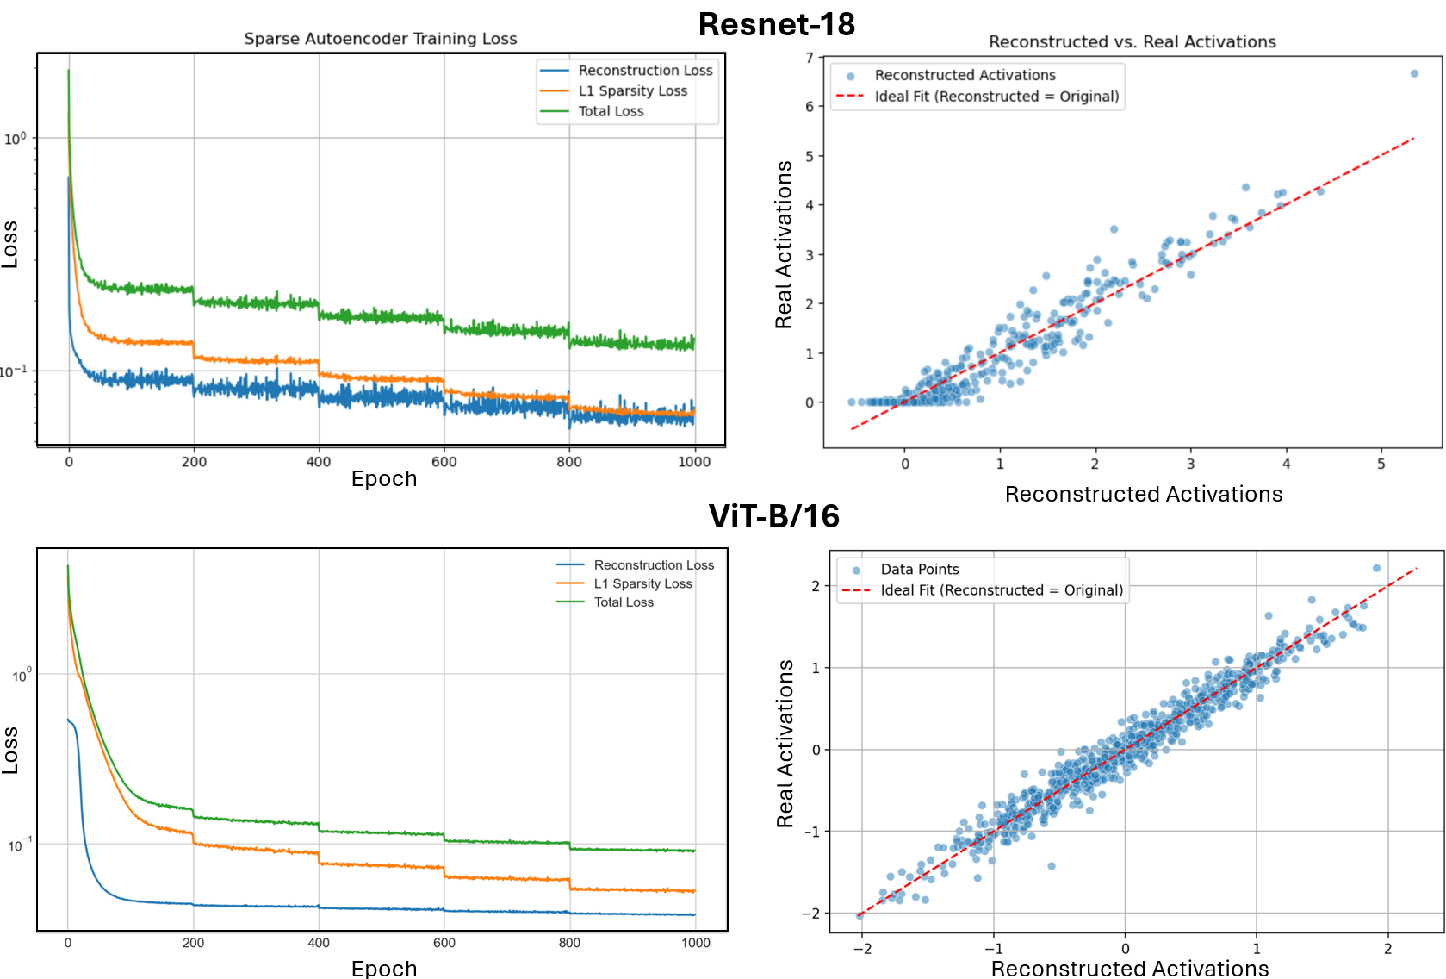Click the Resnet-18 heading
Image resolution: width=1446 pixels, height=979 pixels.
pos(776,24)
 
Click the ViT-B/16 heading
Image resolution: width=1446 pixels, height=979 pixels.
pos(773,516)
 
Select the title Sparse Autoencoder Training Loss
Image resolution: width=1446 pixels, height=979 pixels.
pos(380,39)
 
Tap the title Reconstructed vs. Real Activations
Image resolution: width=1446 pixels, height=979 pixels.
pos(1132,41)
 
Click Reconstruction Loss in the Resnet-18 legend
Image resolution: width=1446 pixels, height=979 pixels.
pos(645,71)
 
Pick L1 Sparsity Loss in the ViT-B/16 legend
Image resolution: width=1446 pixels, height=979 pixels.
pos(642,583)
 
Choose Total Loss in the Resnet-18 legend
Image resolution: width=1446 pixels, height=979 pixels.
pos(611,111)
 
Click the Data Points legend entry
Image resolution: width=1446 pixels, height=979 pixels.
pos(919,570)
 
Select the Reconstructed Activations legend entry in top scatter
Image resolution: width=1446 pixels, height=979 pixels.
pos(965,76)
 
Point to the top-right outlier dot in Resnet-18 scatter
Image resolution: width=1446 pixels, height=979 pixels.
pos(1414,73)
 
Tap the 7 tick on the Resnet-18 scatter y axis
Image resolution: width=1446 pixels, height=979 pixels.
pos(810,58)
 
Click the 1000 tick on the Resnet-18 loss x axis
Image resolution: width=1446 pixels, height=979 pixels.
pos(694,462)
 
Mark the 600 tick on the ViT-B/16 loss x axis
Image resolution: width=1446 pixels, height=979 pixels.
pos(444,943)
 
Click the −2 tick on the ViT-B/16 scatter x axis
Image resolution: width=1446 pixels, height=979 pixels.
pos(862,949)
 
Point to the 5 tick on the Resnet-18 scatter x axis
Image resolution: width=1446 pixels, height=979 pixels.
pos(1381,464)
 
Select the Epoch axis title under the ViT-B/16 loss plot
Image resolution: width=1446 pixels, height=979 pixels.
pos(384,969)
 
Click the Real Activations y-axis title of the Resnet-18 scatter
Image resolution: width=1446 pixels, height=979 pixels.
pos(784,245)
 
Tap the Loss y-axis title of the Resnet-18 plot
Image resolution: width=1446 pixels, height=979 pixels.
pos(9,245)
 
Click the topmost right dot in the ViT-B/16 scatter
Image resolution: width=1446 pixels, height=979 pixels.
pos(1376,568)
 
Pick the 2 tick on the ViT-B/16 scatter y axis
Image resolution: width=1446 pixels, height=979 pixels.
pos(816,586)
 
